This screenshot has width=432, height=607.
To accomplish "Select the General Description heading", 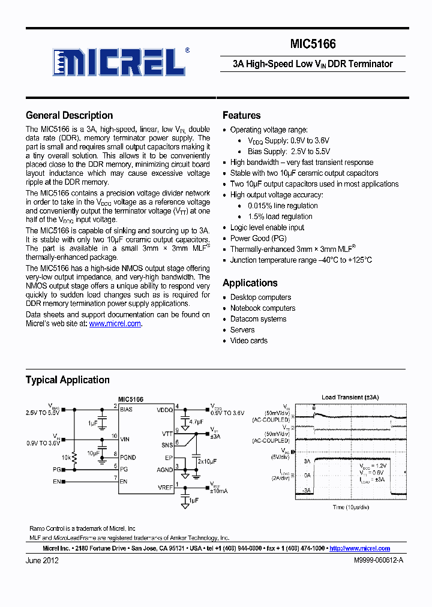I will coord(69,116).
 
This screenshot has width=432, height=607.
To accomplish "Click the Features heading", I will coord(241,116).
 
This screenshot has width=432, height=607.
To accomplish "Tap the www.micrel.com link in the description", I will coord(115,323).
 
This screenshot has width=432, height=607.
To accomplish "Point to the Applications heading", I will coord(250,283).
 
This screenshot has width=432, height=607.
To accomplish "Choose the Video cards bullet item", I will coord(248,341).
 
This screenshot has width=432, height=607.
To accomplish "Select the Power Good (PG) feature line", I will coord(258,238).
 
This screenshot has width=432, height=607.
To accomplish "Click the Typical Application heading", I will coord(67,380).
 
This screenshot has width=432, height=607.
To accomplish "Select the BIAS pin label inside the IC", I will coord(127,409).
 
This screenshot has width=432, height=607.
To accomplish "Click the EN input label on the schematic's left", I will coord(56,481).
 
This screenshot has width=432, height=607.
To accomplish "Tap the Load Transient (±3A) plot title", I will coord(350,397).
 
